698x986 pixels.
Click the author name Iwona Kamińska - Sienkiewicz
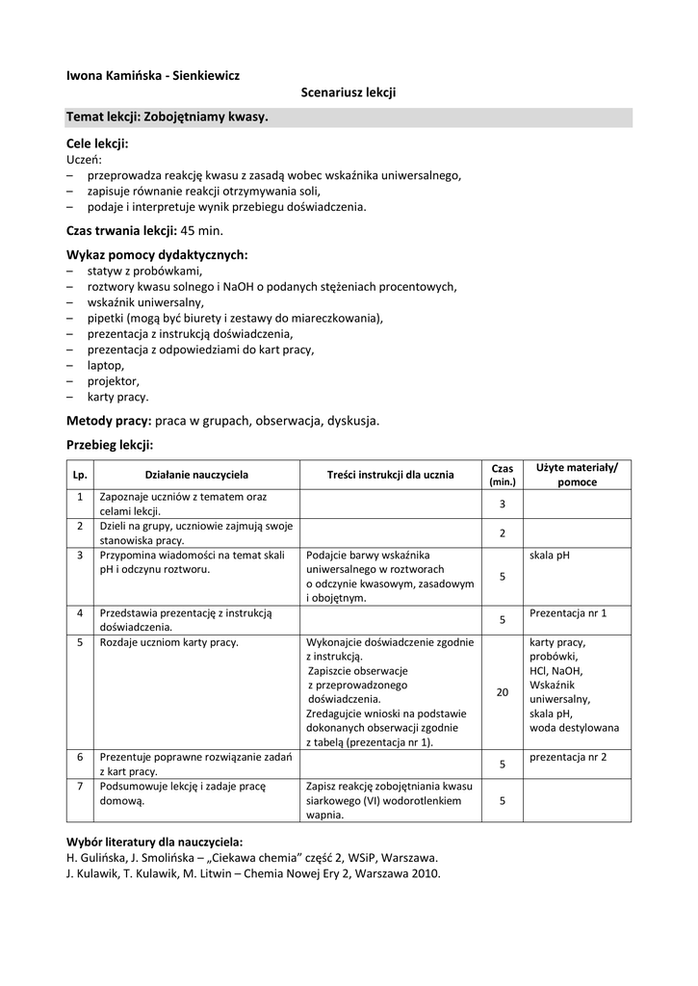click(x=152, y=74)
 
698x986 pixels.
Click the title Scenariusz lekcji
click(x=349, y=92)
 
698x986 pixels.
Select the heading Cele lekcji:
click(x=97, y=143)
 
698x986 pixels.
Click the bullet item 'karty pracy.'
click(x=117, y=396)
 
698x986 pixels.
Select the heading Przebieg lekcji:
click(x=110, y=445)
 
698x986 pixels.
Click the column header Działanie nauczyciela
click(x=196, y=475)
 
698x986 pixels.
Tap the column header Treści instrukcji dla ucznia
click(x=390, y=475)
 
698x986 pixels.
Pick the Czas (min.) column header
click(x=503, y=475)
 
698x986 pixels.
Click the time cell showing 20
click(x=503, y=692)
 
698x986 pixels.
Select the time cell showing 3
click(x=503, y=505)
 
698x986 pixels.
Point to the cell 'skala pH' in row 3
click(x=551, y=555)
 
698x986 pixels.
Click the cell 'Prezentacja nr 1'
click(x=568, y=612)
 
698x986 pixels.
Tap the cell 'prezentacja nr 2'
click(x=568, y=757)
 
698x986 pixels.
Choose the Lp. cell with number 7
click(x=80, y=786)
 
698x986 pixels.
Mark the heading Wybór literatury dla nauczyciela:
click(x=154, y=841)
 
